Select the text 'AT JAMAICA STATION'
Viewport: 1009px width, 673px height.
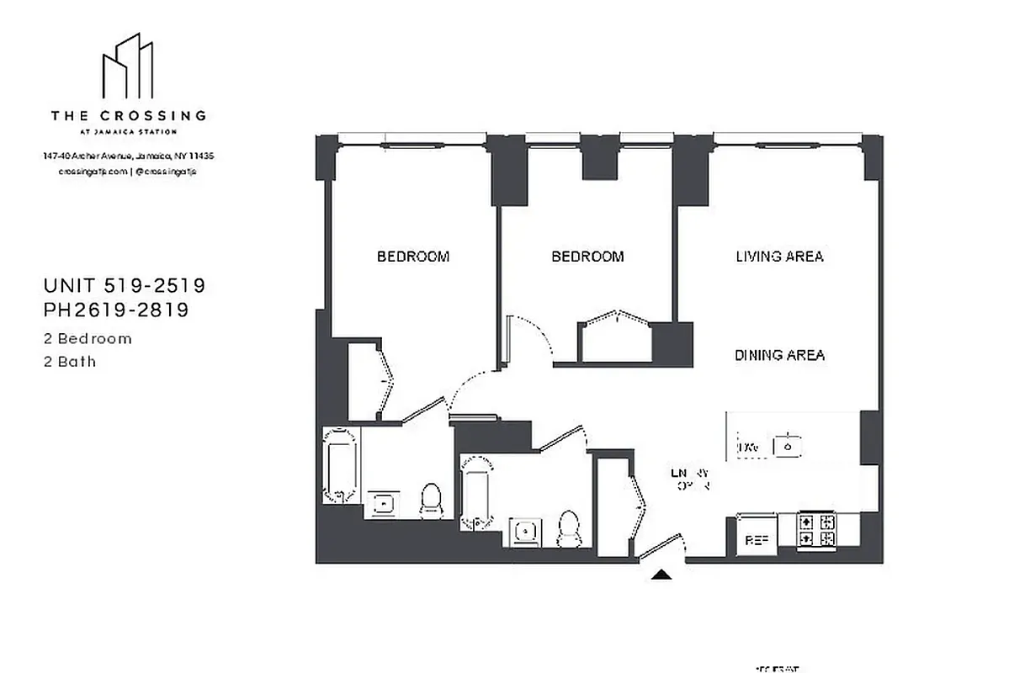coord(128,131)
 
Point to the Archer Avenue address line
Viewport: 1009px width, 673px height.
coord(128,156)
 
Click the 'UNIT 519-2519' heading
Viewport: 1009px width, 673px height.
coord(125,286)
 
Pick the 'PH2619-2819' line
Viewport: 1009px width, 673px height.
coord(116,310)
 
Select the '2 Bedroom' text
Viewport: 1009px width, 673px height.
coord(88,339)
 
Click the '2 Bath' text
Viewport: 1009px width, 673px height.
coord(70,362)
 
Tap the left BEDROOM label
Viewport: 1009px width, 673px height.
coord(412,257)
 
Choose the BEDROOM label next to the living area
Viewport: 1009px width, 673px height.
coord(587,257)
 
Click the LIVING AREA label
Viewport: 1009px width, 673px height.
coord(778,257)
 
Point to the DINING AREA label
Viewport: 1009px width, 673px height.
coord(779,355)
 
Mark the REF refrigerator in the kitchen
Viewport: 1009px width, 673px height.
coord(754,539)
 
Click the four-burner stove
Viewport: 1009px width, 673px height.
coord(817,531)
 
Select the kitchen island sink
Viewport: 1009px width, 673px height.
coord(787,446)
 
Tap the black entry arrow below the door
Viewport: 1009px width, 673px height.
coord(663,575)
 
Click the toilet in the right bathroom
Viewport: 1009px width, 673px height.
coord(569,527)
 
